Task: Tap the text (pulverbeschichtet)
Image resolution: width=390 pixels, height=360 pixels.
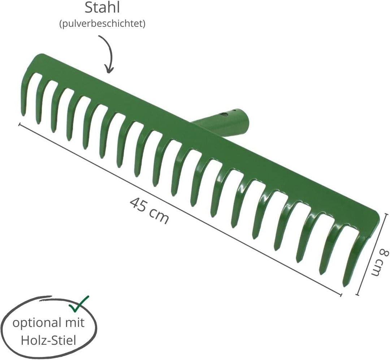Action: click(102, 24)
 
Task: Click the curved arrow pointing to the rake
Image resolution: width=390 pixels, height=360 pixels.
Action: click(110, 53)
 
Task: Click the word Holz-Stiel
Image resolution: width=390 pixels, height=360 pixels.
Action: click(48, 340)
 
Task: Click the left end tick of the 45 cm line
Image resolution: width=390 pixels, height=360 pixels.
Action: click(19, 124)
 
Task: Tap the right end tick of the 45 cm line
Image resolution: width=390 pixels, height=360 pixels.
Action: click(341, 295)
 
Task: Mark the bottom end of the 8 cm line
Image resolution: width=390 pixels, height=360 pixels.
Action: click(357, 295)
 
